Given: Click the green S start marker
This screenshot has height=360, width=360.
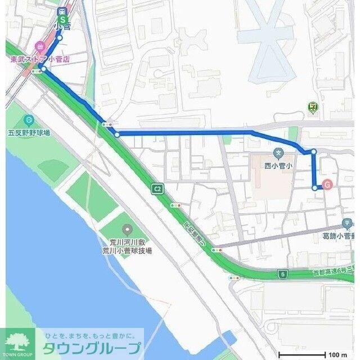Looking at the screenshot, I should [x=62, y=20].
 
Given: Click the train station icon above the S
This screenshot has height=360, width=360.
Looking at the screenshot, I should [x=62, y=11].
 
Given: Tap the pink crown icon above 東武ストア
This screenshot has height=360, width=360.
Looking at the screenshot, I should [x=39, y=47].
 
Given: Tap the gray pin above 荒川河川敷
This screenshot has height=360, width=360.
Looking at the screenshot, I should [x=127, y=229].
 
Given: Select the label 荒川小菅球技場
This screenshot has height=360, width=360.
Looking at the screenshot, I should [x=127, y=250].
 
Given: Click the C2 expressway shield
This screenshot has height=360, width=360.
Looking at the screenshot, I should [x=157, y=188].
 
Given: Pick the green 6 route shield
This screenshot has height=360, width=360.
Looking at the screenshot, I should [x=282, y=274].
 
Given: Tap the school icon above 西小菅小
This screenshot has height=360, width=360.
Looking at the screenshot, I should [x=278, y=152].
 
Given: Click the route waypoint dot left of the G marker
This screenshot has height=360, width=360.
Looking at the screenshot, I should [x=314, y=187].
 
